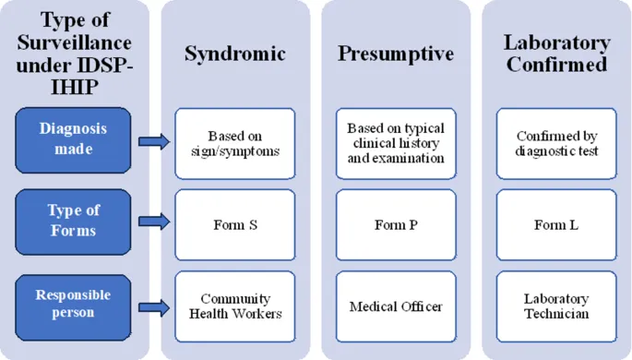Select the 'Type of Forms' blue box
[x=73, y=222]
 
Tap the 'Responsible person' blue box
[x=73, y=304]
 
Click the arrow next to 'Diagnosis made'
[x=154, y=141]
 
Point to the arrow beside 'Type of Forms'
[x=154, y=222]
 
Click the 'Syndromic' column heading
[x=235, y=54]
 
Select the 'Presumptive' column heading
[x=396, y=54]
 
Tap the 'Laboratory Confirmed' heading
[x=556, y=54]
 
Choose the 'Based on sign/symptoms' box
[x=235, y=143]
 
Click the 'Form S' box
[x=235, y=224]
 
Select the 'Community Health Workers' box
[x=235, y=306]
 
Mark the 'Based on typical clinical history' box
[x=396, y=143]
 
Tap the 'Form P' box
[x=396, y=224]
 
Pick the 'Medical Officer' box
[x=396, y=306]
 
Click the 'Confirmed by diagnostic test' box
[x=556, y=143]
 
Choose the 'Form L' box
[x=556, y=224]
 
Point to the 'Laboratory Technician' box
[x=556, y=306]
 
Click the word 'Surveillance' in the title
[x=73, y=42]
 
